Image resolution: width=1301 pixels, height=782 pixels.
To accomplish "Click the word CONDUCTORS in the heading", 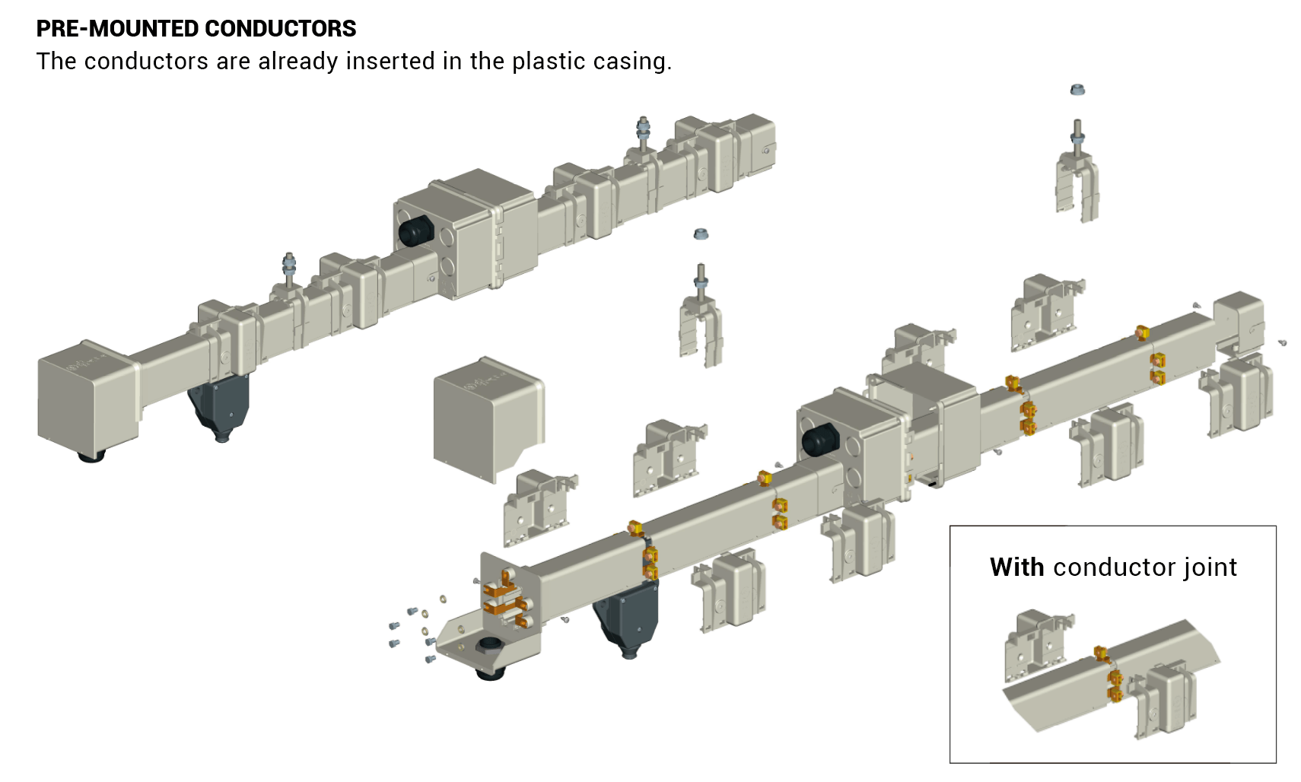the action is (281, 28).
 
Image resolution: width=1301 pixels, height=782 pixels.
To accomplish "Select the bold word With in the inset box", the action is (1016, 567).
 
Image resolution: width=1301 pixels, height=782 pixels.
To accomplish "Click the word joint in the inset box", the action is (1214, 567).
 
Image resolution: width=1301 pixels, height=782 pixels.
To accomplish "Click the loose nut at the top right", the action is (1077, 90).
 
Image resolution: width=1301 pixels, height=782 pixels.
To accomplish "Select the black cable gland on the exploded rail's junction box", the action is (820, 440).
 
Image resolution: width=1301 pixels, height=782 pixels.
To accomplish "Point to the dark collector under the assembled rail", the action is (221, 405).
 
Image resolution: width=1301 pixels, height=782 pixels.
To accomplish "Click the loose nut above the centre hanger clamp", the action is (701, 234).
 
